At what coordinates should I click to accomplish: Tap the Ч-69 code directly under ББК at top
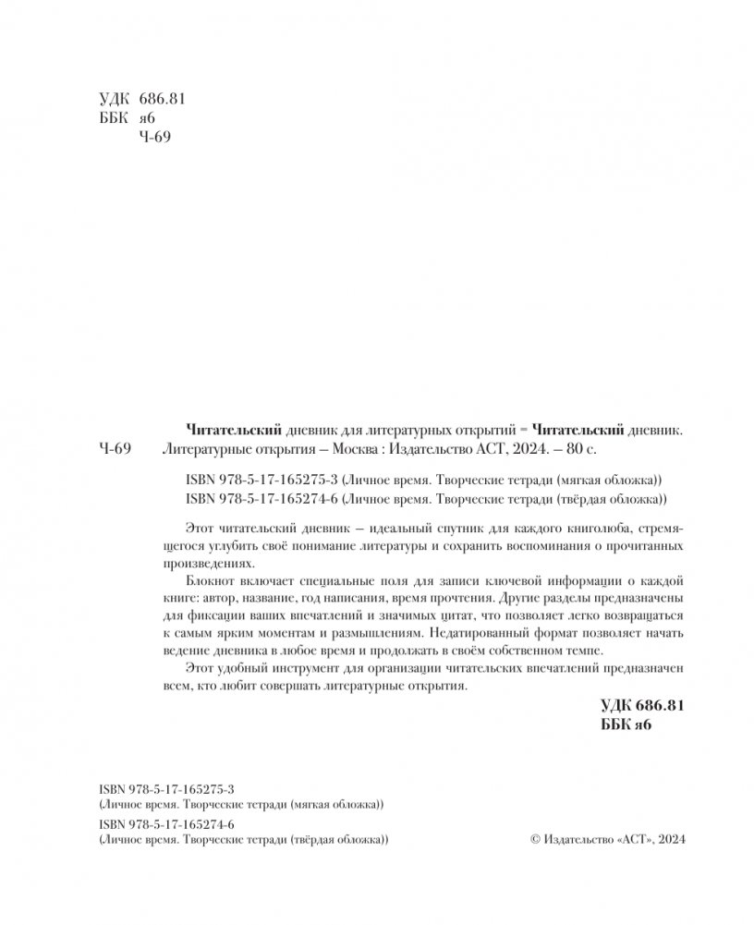154,137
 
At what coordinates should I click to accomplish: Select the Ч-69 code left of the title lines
115,450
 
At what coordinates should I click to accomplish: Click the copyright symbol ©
529,839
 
